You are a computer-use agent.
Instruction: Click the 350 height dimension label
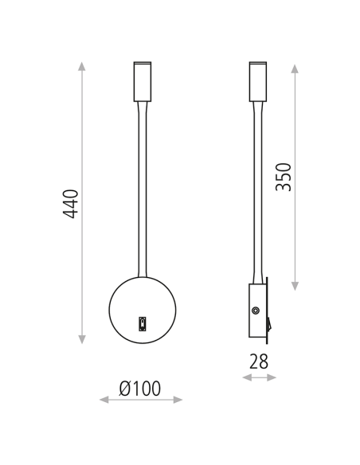pyautogui.click(x=284, y=177)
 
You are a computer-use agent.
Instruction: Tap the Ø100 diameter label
pyautogui.click(x=140, y=389)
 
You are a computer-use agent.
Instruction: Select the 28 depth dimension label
pyautogui.click(x=259, y=361)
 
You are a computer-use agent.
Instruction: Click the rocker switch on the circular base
pyautogui.click(x=143, y=322)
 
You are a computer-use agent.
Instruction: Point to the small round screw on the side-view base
pyautogui.click(x=256, y=311)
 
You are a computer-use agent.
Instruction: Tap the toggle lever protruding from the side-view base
pyautogui.click(x=270, y=323)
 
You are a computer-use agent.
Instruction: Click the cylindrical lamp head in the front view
pyautogui.click(x=142, y=80)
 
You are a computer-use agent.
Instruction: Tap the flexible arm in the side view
pyautogui.click(x=257, y=191)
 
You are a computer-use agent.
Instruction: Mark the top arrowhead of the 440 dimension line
pyautogui.click(x=82, y=65)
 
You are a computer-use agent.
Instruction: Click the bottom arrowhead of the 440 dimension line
pyautogui.click(x=82, y=337)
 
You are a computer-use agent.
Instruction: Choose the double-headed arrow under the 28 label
pyautogui.click(x=259, y=377)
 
